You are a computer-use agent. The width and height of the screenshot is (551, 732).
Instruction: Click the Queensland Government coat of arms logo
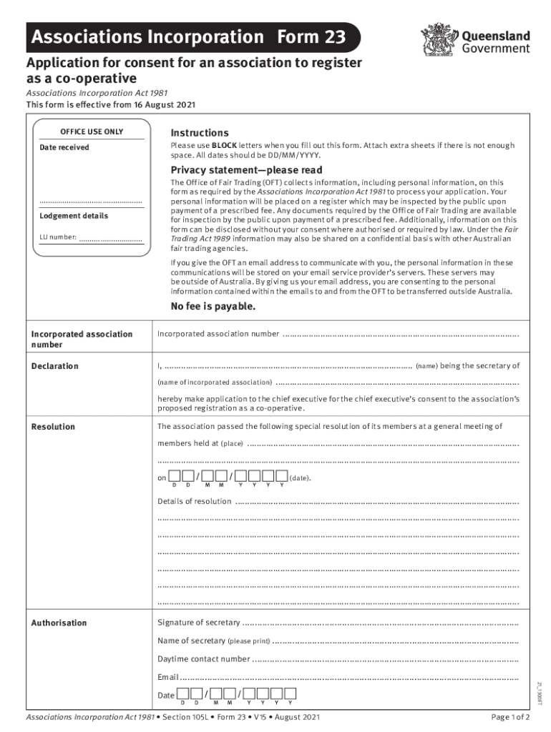[434, 39]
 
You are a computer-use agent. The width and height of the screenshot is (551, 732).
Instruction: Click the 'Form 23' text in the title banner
[313, 36]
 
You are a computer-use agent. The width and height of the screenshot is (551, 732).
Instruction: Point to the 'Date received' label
[64, 147]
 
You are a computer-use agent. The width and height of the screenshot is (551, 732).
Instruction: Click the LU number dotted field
[110, 239]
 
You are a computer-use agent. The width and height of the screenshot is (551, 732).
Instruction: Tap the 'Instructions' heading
[200, 133]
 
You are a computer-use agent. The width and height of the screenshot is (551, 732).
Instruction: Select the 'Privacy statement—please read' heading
[246, 170]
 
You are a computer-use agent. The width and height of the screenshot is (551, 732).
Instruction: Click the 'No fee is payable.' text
[213, 307]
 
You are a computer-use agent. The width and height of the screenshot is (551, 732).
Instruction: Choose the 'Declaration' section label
[55, 366]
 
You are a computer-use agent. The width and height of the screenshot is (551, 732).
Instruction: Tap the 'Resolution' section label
[53, 427]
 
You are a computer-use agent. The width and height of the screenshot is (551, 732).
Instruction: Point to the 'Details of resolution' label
[195, 501]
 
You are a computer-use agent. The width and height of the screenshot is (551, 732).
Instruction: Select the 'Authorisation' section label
[59, 623]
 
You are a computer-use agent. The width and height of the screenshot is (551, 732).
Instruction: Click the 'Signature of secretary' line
[380, 623]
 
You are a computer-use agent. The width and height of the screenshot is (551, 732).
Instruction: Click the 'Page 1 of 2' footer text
[510, 717]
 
